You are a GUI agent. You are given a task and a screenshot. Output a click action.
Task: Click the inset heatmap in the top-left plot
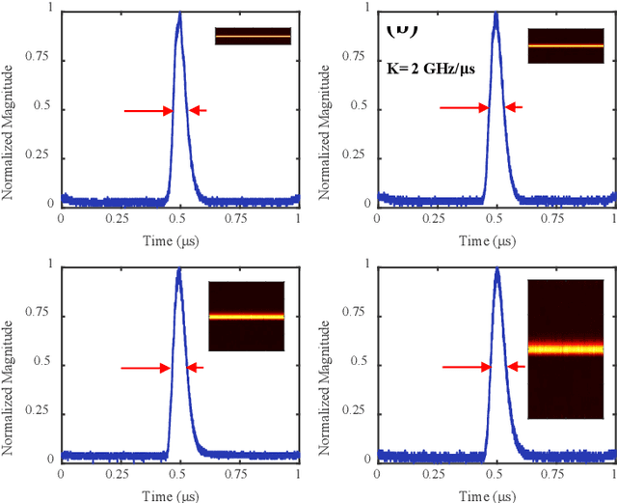click(x=253, y=36)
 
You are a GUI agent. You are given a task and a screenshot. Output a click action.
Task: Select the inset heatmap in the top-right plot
click(x=565, y=45)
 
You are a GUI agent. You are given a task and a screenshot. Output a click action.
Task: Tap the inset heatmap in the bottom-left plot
click(x=247, y=316)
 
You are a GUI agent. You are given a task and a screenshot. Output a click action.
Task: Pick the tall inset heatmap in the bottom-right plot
click(x=565, y=349)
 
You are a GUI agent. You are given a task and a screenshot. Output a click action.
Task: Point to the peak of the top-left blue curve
click(x=179, y=14)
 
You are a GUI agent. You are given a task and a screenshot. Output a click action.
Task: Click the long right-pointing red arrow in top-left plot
click(x=148, y=111)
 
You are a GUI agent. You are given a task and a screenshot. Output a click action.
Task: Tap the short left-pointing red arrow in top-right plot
click(x=513, y=108)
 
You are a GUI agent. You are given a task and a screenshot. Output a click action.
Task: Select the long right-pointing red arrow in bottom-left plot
click(x=146, y=367)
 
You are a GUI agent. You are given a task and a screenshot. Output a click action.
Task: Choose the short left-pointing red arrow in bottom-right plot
click(x=514, y=367)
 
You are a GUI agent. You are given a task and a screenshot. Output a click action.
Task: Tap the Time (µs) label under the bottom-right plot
click(x=497, y=493)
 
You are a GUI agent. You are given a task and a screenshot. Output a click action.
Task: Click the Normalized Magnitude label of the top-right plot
click(x=326, y=109)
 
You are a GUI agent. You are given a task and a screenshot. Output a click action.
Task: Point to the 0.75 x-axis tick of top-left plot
click(x=239, y=219)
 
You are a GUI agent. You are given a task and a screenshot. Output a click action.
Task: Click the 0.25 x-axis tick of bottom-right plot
click(x=438, y=475)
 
